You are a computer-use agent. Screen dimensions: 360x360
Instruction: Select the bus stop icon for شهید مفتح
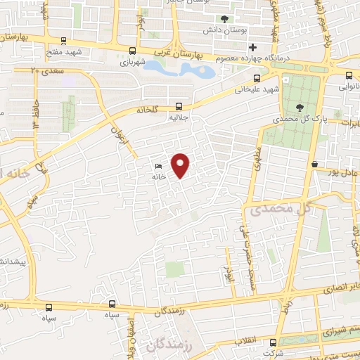coord(65,41)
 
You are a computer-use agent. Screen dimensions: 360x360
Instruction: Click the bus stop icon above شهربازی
coord(132,50)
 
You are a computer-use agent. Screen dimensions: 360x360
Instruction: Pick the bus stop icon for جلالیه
coord(179,106)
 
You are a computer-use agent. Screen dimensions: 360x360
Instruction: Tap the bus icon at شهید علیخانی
coord(257,77)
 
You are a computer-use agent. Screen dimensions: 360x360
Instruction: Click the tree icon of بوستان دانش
coord(224,19)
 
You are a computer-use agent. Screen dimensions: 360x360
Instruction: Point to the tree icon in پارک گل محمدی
coord(301,108)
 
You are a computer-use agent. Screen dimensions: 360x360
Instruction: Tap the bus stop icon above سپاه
coord(112,304)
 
